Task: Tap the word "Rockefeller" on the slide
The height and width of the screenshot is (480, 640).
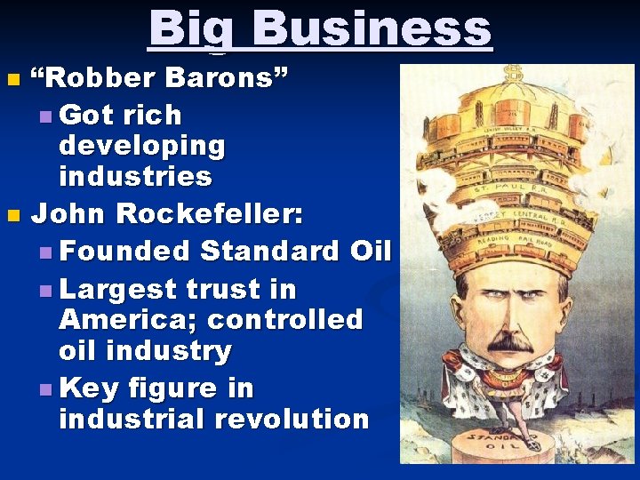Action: click(x=210, y=214)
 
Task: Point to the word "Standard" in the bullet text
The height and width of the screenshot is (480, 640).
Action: click(x=270, y=252)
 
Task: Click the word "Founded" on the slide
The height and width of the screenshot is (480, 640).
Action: click(x=126, y=252)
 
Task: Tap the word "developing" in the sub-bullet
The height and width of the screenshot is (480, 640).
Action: click(x=142, y=144)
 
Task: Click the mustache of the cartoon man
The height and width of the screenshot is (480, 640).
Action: click(x=509, y=341)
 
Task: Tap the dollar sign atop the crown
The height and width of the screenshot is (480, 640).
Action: click(x=513, y=74)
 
